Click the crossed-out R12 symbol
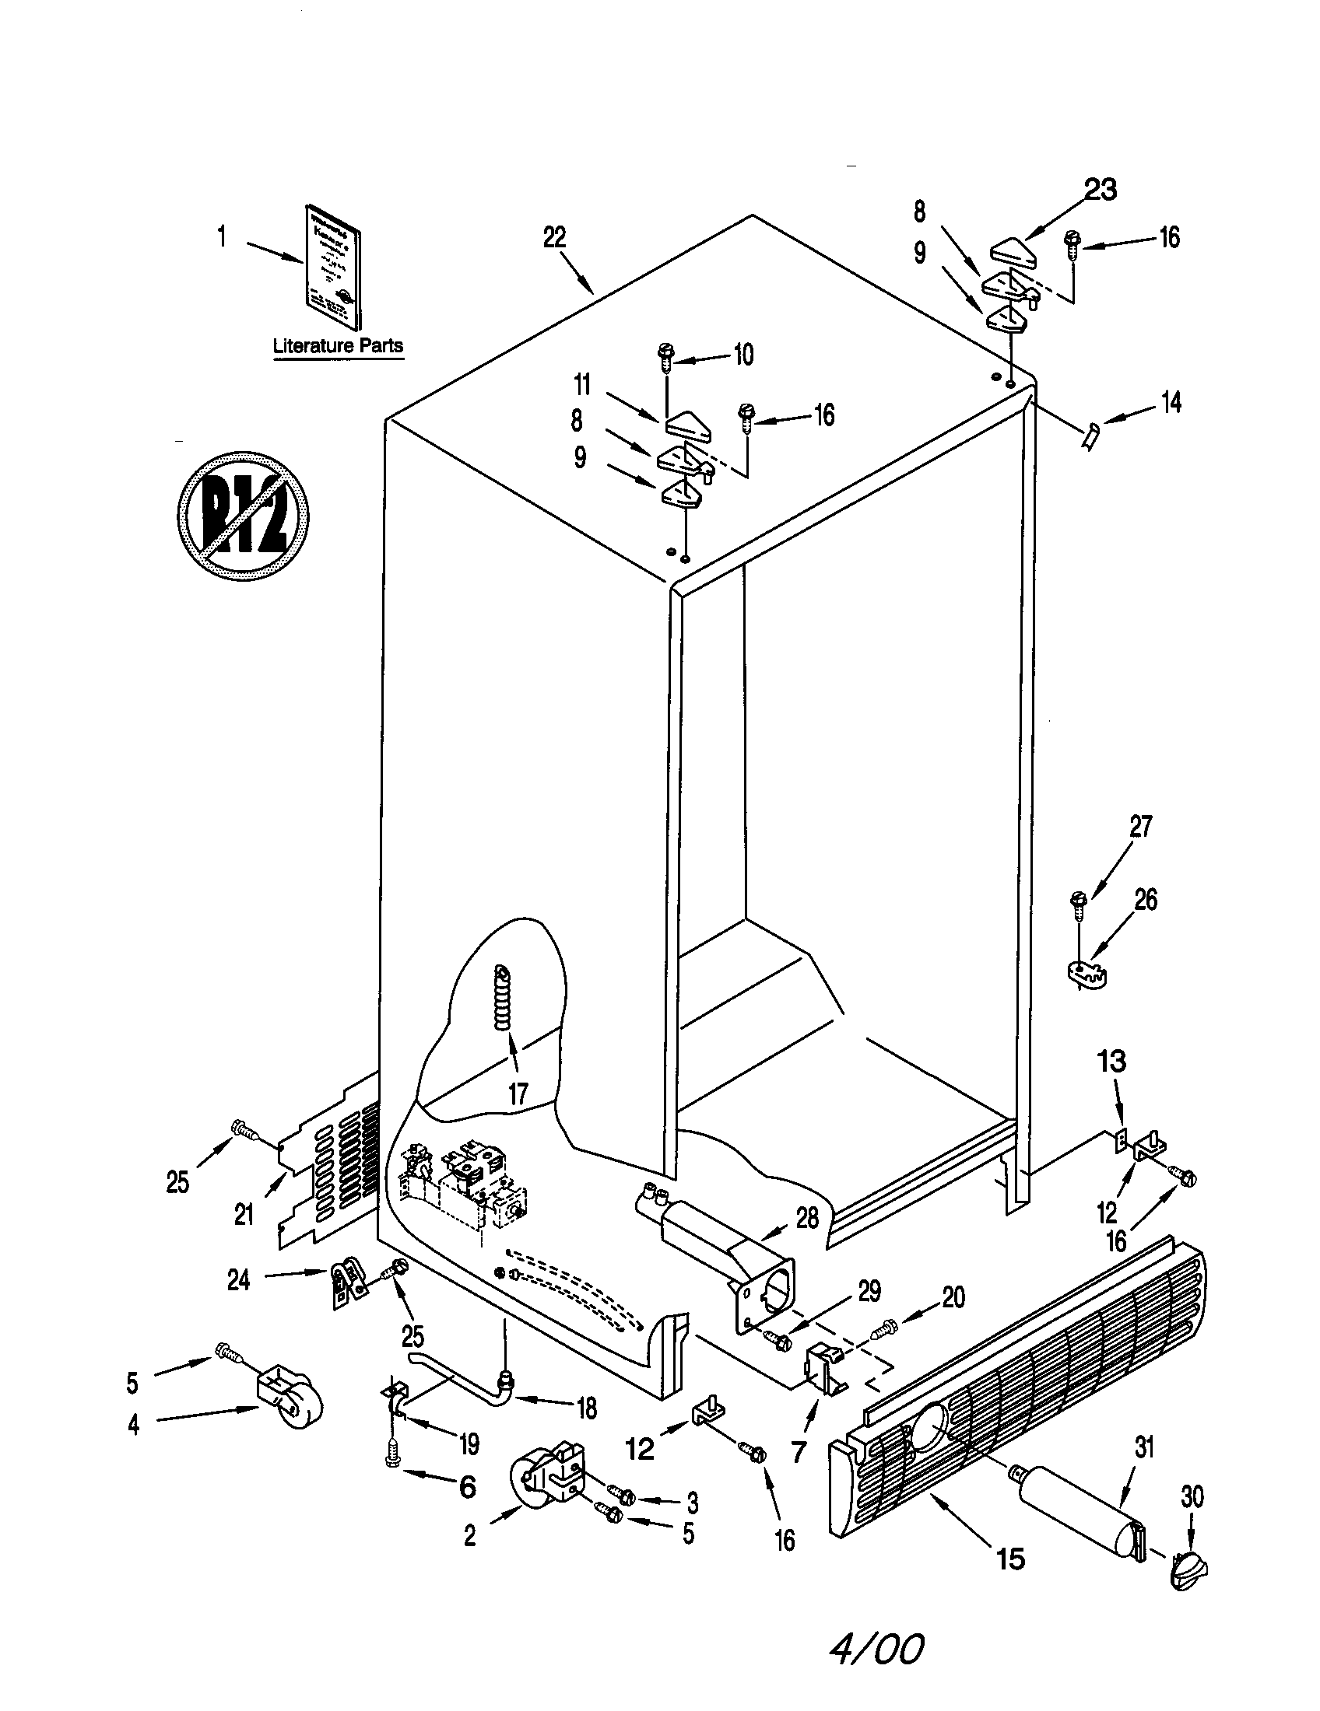[243, 516]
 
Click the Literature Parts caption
[338, 345]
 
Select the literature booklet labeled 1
[332, 278]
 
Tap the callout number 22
[554, 237]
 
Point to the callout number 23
[1100, 190]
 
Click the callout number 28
[806, 1217]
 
